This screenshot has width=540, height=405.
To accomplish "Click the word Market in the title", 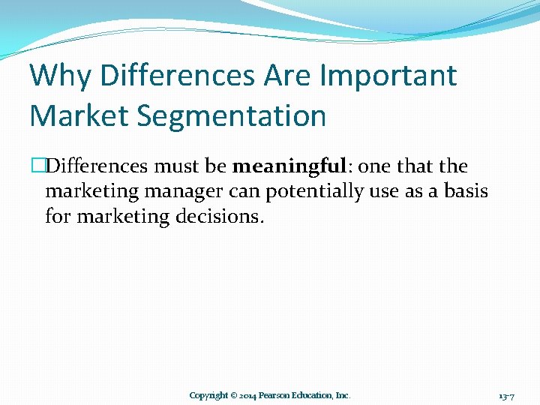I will click(x=79, y=116).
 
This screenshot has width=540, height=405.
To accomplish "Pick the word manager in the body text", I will click(x=184, y=191).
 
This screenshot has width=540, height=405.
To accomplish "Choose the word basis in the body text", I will click(x=466, y=191).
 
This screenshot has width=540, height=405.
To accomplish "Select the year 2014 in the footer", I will click(x=248, y=395).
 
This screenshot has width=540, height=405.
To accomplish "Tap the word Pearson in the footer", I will click(x=275, y=395).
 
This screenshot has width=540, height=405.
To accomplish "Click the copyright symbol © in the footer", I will click(x=233, y=395).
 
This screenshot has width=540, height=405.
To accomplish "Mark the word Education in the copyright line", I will click(x=313, y=395).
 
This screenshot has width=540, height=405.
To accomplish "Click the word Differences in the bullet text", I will click(x=97, y=166).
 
